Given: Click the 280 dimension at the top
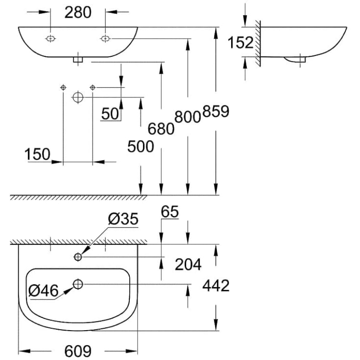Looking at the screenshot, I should coord(78,12).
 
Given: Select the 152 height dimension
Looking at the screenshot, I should coord(240,43).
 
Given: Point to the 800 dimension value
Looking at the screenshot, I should coord(188,117).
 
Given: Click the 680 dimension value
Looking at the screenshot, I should coord(161,128).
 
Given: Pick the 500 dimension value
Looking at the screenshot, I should coord(140,146).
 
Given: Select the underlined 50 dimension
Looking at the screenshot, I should coord(110,114).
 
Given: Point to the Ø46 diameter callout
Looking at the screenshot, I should coord(43,290).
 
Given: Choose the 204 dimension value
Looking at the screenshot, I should coord(188,264).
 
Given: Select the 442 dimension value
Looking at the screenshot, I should coord(216,286).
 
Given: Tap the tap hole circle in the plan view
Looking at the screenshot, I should coord(78,257).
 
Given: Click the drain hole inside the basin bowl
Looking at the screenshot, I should coord(78,283).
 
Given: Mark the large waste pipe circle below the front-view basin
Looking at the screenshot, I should coord(77,97).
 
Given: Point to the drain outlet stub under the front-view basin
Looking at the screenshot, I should coord(78,60).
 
